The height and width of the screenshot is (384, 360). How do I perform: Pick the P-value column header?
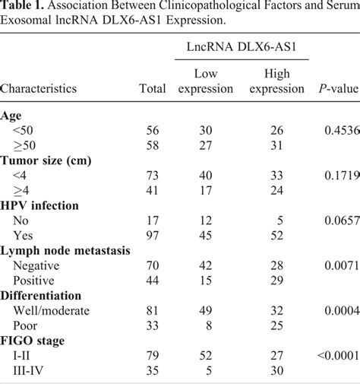pos(337,89)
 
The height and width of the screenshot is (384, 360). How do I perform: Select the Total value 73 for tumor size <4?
pos(152,176)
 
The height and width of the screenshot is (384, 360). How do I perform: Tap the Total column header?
pos(153,89)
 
